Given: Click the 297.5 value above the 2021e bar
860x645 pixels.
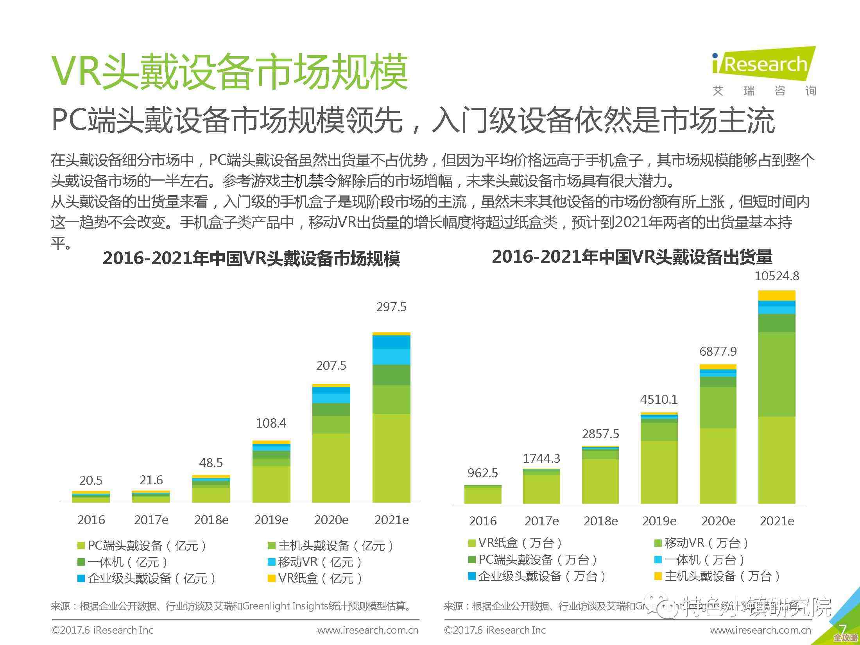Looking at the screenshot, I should pos(391,307).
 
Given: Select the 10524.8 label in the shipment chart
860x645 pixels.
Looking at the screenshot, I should pos(776,276).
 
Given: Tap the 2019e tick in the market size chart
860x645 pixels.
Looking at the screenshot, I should pos(271,520).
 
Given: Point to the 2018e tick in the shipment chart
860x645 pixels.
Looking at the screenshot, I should pos(600,521).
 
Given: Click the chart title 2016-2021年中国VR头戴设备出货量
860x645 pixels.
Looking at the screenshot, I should pos(632,257).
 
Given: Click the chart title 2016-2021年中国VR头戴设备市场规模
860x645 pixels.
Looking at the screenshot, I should pos(251,259).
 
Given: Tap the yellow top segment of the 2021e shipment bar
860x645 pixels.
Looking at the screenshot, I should pos(776,296).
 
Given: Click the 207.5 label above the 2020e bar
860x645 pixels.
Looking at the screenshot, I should pos(331,366).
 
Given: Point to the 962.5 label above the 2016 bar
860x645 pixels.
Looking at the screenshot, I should pos(482,473).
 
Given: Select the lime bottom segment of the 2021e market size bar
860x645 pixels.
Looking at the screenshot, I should pos(391,457).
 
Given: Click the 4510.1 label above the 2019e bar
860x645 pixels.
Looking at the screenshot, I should pos(659,400).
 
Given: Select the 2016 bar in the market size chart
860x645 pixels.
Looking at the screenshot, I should pos(91,497).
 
